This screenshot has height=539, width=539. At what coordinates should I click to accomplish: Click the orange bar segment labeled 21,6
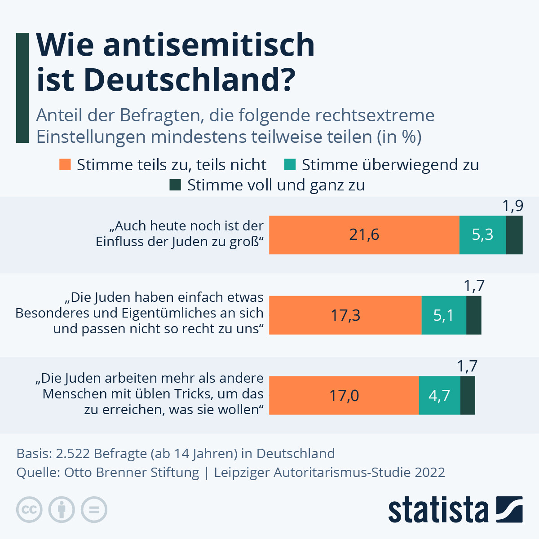[x=364, y=235]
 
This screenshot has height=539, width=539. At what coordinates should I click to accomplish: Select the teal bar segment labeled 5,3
[x=482, y=235]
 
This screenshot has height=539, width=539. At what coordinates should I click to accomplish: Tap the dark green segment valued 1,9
[x=514, y=235]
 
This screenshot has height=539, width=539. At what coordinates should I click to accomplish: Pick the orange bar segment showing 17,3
[x=345, y=315]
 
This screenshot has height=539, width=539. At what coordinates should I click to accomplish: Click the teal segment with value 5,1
[x=444, y=315]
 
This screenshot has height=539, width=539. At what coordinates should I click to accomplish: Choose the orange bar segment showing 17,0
[x=344, y=395]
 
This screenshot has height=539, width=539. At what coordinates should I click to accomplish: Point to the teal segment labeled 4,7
[x=439, y=395]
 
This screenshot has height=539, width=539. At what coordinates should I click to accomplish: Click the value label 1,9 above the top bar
[x=512, y=206]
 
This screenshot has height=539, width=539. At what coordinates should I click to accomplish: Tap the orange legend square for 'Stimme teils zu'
[x=65, y=164]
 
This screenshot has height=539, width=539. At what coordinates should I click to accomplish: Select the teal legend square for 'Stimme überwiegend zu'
[x=290, y=164]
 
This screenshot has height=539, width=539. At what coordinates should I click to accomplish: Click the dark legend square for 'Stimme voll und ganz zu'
[x=175, y=185]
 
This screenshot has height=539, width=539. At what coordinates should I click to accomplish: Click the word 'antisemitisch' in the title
[x=209, y=45]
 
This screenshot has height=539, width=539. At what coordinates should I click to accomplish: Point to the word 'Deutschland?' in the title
[x=189, y=80]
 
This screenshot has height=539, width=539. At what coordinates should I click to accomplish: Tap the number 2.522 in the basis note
[x=71, y=454]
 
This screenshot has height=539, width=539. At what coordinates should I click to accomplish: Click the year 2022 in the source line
[x=430, y=473]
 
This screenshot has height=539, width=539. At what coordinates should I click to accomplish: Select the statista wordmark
[x=438, y=510]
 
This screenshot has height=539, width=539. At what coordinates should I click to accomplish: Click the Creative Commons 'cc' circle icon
[x=30, y=510]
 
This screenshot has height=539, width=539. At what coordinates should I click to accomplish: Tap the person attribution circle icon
[x=62, y=510]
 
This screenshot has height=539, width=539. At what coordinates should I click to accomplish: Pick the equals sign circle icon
[x=94, y=510]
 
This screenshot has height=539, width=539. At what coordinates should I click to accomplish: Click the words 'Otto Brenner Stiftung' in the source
[x=132, y=473]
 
